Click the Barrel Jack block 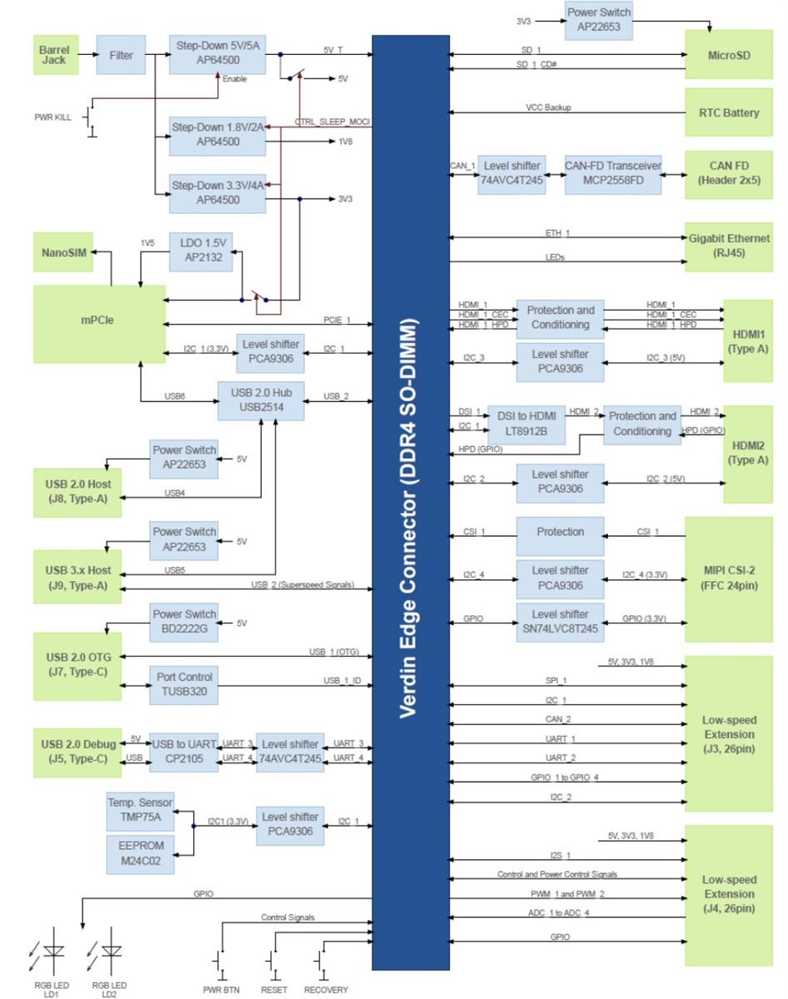coord(54,56)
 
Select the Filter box coord(121,56)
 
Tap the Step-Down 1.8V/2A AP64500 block coord(217,135)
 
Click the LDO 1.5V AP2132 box coord(201,251)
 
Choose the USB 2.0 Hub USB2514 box coord(261,400)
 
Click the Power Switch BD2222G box coord(184,622)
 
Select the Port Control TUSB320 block coord(184,684)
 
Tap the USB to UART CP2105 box coord(184,751)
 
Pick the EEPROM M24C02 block coord(141,853)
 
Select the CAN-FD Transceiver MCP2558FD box coord(612,173)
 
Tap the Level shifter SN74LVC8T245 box coord(560,621)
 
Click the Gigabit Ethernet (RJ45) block coord(728,246)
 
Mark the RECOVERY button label coord(326,990)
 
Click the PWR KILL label coord(52,117)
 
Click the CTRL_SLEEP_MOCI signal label coord(332,122)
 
